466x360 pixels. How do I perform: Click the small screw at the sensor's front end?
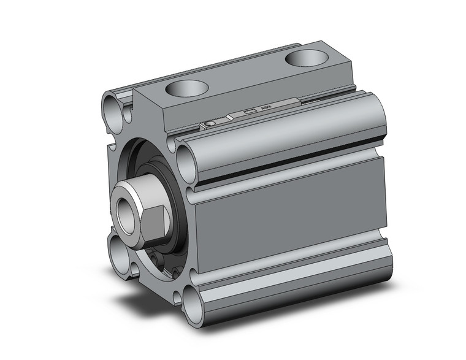tap(210, 124)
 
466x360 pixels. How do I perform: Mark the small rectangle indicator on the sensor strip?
tap(249, 112)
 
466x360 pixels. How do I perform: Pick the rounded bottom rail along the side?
tap(294, 276)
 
